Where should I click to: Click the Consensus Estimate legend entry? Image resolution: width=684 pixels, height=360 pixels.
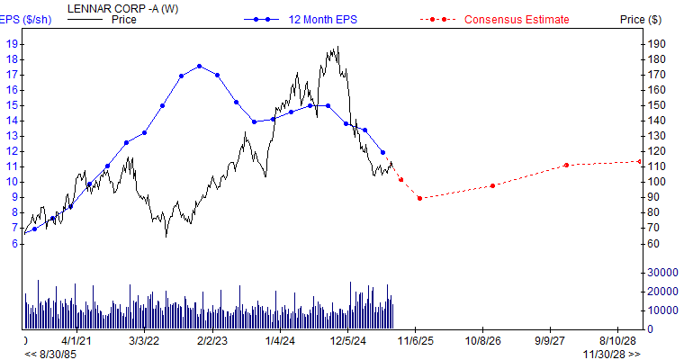(517, 20)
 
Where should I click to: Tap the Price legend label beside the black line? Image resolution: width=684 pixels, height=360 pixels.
(123, 20)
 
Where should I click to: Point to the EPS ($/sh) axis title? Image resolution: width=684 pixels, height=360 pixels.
(25, 20)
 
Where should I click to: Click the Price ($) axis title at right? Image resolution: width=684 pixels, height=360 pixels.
(641, 20)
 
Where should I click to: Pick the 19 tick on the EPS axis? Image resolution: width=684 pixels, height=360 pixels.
(11, 43)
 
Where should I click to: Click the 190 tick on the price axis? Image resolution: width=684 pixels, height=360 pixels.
(656, 43)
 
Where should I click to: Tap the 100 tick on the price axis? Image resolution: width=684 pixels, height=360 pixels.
(656, 182)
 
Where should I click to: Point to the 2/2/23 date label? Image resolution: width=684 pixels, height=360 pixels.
(212, 342)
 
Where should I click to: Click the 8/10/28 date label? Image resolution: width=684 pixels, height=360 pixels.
(618, 342)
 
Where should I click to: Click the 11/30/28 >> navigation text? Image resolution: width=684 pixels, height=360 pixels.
(611, 354)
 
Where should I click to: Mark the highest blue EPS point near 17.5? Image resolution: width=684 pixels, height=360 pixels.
(199, 66)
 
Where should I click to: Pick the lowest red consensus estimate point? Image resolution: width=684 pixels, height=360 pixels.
(419, 198)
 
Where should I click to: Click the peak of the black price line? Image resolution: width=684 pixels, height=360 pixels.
(337, 48)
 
